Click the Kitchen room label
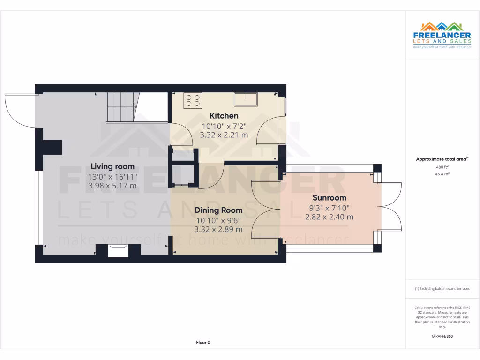(x=224, y=116)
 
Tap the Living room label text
(x=112, y=166)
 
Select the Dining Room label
(x=218, y=210)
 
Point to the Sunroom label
(x=329, y=198)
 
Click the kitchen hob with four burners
(x=194, y=100)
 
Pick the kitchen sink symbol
(x=246, y=99)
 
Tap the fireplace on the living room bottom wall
(x=118, y=251)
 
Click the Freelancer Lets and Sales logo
(x=442, y=36)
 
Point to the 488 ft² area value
(x=442, y=167)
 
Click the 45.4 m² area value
(x=442, y=174)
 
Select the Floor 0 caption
(x=203, y=343)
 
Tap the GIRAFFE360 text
(x=442, y=336)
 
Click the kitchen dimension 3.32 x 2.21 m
(x=224, y=135)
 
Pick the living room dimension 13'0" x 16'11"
(x=112, y=176)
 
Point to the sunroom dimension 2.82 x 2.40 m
(x=329, y=217)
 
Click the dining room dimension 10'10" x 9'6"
(x=218, y=220)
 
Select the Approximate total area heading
(x=442, y=159)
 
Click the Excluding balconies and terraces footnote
(x=442, y=289)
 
